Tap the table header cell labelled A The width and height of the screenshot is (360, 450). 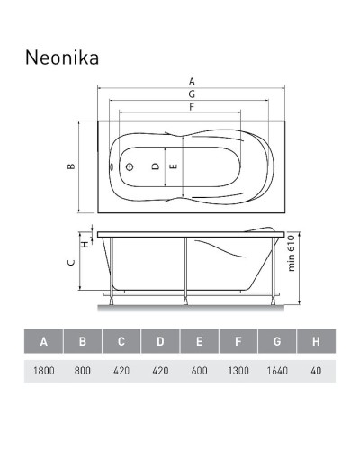click(43, 342)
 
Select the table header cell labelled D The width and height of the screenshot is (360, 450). click(160, 342)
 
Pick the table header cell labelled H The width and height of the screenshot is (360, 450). click(315, 342)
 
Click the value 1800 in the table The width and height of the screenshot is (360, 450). click(43, 370)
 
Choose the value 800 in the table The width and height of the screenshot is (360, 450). click(82, 370)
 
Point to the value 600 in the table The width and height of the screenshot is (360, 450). click(199, 370)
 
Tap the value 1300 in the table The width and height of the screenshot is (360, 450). click(238, 370)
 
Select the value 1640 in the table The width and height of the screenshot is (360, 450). click(276, 370)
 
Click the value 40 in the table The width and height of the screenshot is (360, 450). click(315, 370)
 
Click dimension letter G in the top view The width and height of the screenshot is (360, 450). click(192, 94)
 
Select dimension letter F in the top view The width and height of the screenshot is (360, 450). click(192, 107)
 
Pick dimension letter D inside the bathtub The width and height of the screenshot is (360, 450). click(155, 166)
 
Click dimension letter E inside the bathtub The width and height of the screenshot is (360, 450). click(173, 166)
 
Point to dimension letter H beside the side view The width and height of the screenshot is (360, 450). click(84, 242)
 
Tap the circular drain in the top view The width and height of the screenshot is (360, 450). click(128, 166)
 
